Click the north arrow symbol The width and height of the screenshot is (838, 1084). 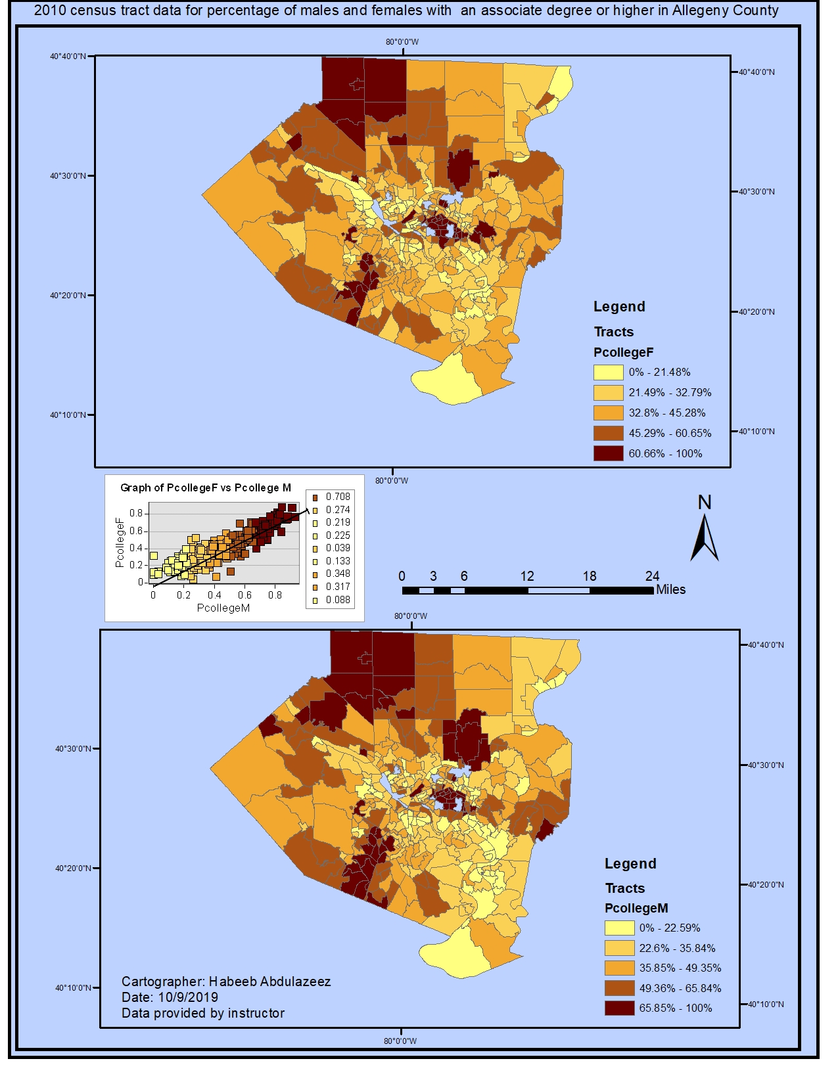click(x=704, y=537)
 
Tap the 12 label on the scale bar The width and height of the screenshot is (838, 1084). click(x=527, y=576)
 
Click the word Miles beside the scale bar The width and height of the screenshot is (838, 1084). click(x=670, y=589)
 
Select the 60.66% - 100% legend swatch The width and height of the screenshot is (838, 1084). click(x=608, y=453)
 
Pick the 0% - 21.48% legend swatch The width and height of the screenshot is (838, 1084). click(x=608, y=372)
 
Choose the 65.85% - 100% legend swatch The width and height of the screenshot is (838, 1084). click(x=619, y=1008)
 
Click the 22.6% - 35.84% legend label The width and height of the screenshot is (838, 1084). click(x=677, y=948)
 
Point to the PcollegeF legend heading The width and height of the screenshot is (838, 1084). click(x=623, y=352)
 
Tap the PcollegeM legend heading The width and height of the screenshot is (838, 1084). click(x=636, y=908)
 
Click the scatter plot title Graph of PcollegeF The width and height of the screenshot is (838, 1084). click(x=205, y=487)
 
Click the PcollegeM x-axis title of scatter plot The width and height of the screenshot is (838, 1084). click(x=223, y=608)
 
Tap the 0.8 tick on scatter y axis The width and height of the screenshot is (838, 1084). click(x=136, y=513)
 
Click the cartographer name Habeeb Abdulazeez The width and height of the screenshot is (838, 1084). click(x=269, y=982)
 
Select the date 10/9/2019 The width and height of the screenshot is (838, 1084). click(x=188, y=997)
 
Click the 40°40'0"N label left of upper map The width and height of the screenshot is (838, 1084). click(x=68, y=56)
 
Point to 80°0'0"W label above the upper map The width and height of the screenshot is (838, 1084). click(x=402, y=42)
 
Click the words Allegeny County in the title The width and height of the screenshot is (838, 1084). click(x=725, y=11)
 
